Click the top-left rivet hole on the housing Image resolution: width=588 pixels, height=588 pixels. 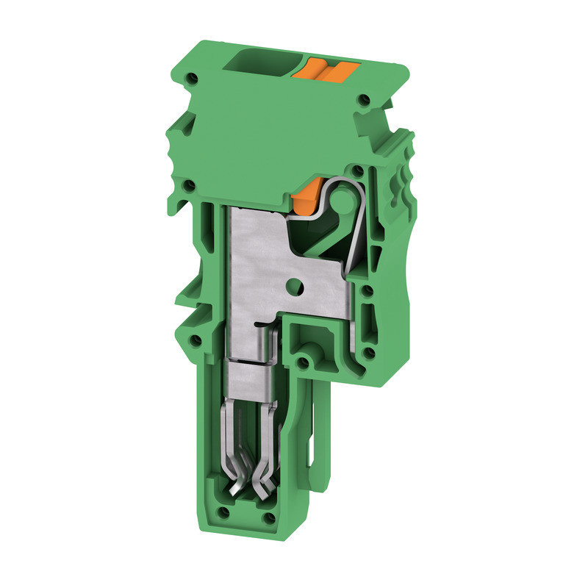tap(193, 76)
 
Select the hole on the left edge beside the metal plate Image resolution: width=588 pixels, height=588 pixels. tap(193, 184)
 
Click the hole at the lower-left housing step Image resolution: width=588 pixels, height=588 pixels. tap(196, 340)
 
